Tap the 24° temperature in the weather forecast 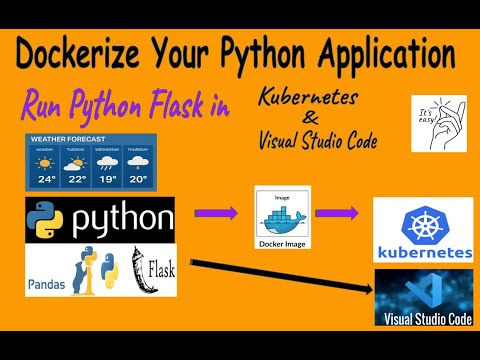tap(45, 180)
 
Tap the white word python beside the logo tap(120, 217)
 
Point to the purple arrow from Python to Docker tap(216, 212)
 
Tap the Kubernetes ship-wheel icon tap(423, 222)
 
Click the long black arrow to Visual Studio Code tap(280, 279)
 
